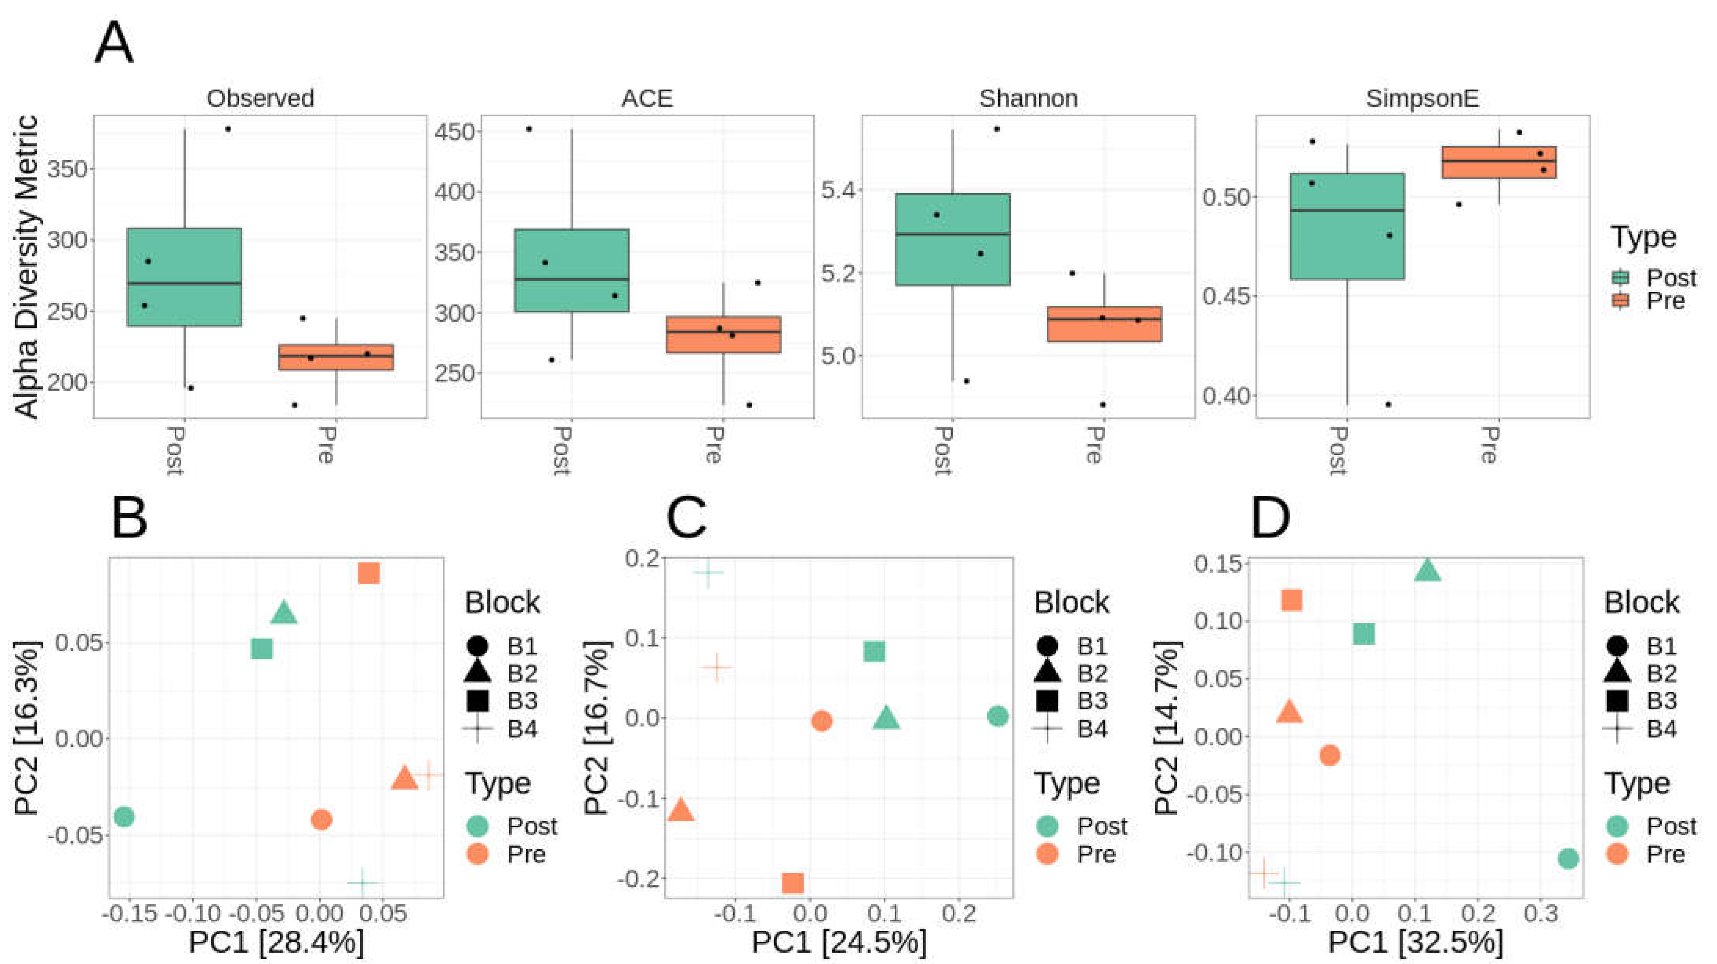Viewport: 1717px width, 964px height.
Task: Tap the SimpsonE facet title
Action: click(x=1422, y=99)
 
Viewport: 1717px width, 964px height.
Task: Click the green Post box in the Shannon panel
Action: click(x=952, y=239)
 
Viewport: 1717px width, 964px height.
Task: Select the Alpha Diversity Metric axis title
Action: click(x=27, y=266)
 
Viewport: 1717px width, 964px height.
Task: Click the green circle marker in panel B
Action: click(x=124, y=816)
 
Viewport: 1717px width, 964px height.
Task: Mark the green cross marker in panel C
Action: click(x=708, y=572)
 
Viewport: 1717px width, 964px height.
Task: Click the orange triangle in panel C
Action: click(x=681, y=809)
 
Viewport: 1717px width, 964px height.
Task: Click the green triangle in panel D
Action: click(x=1427, y=570)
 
